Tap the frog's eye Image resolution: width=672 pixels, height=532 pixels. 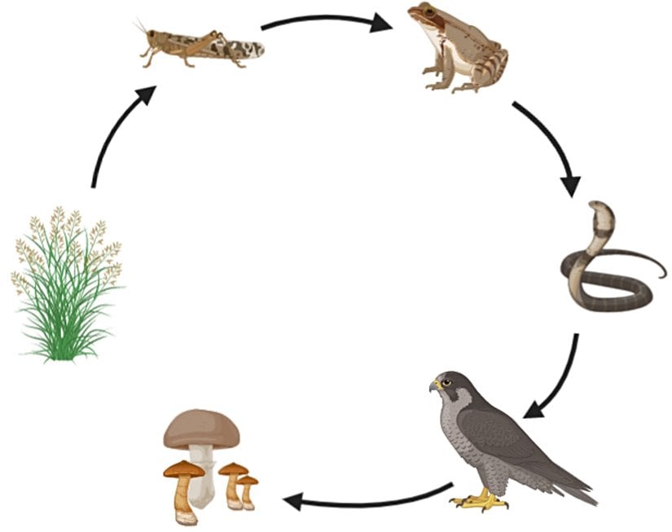point(423,14)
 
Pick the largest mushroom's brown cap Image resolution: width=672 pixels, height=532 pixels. point(201,429)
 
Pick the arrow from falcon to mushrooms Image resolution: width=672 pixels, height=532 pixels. point(367,499)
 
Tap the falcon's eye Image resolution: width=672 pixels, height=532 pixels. point(446,382)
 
